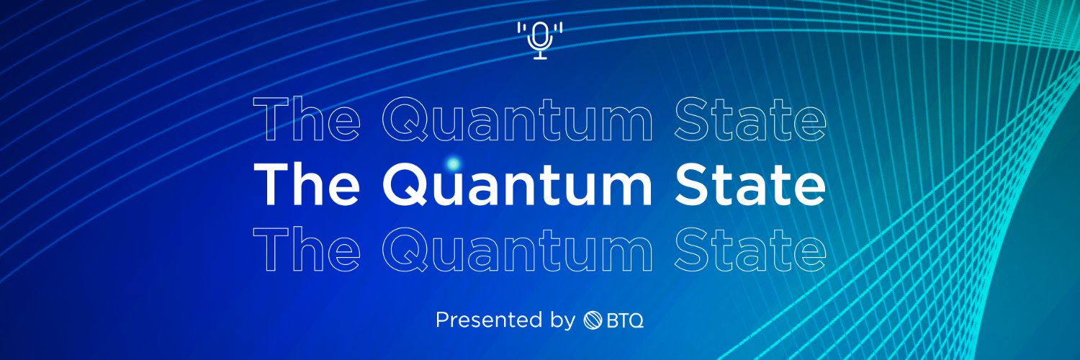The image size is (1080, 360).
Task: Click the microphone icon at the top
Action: (x=540, y=40)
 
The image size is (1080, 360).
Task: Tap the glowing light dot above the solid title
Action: (x=453, y=164)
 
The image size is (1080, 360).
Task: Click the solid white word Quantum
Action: (x=517, y=184)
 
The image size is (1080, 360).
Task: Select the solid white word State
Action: (x=751, y=184)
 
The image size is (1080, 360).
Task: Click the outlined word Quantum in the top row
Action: (x=517, y=121)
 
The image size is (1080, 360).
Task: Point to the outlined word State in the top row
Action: (x=751, y=121)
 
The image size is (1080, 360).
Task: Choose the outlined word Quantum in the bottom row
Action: (x=517, y=248)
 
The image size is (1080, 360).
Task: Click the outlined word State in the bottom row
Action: (x=751, y=248)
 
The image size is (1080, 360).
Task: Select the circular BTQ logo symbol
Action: (x=592, y=320)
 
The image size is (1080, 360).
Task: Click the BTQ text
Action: (x=624, y=320)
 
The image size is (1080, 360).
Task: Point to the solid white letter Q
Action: (x=408, y=185)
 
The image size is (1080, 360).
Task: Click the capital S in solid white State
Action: (x=693, y=184)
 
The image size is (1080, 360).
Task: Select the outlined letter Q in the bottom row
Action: (x=408, y=249)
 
